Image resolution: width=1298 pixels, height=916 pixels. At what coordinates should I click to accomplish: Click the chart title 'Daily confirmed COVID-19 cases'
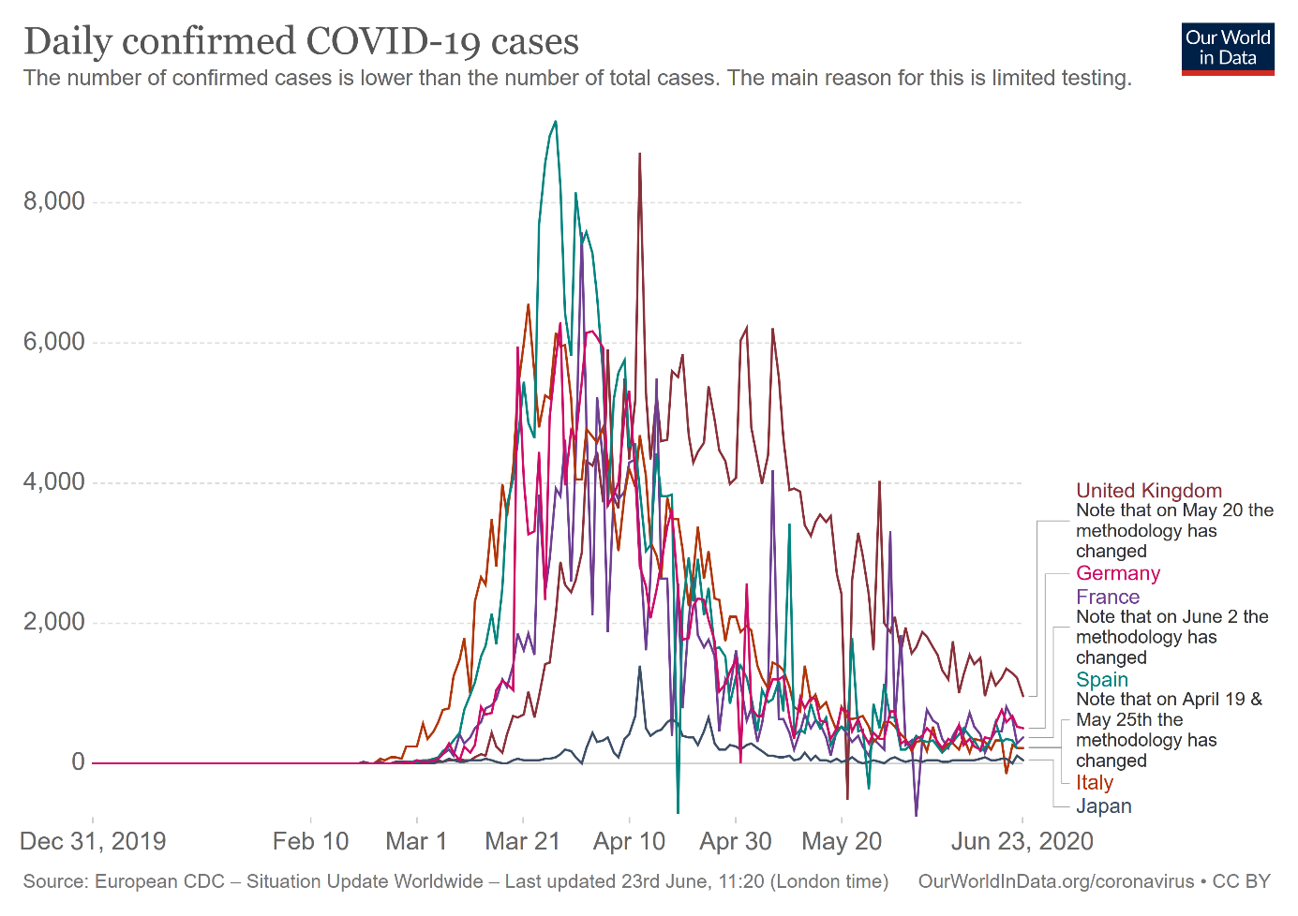click(301, 42)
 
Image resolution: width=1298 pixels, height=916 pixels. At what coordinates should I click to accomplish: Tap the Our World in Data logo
click(1227, 49)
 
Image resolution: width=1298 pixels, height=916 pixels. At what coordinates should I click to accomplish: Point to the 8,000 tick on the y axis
click(54, 201)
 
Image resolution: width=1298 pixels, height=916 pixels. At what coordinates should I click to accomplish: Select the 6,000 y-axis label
click(54, 342)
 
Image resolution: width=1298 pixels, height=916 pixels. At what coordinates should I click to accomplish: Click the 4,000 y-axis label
click(54, 482)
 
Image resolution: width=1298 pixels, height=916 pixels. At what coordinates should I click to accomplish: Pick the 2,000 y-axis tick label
click(54, 622)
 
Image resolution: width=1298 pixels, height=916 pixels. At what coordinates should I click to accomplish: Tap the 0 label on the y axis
click(79, 762)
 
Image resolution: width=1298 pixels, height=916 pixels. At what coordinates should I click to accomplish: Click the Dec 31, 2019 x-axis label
click(93, 841)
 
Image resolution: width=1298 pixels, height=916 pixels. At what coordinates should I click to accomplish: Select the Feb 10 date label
click(310, 841)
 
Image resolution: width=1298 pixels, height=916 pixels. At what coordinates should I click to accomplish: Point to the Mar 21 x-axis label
click(522, 841)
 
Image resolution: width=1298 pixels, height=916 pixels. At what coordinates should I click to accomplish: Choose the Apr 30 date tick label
click(736, 841)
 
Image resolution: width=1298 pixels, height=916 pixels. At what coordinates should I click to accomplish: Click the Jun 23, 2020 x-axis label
click(1022, 841)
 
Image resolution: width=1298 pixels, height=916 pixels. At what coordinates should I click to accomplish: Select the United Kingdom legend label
click(1148, 491)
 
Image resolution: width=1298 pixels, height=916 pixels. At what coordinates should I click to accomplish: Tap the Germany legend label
click(1117, 573)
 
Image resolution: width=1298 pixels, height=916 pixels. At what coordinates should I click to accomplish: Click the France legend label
click(1108, 597)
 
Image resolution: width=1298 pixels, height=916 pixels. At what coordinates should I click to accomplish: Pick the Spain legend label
click(1102, 680)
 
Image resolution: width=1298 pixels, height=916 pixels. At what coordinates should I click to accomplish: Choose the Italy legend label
click(1094, 783)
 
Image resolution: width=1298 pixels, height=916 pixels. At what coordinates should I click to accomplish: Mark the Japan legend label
click(1103, 806)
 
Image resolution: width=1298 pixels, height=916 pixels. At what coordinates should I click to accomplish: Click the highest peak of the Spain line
click(556, 122)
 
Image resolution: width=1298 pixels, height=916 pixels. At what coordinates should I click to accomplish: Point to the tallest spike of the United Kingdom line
click(639, 154)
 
